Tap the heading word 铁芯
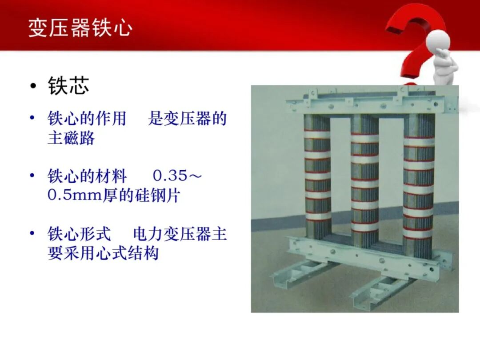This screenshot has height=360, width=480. [x=69, y=86]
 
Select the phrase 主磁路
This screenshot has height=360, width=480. [x=71, y=138]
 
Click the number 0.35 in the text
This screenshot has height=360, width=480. [x=170, y=176]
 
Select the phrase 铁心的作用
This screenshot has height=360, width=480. [x=87, y=119]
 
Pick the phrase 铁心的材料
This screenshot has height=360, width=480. [x=87, y=176]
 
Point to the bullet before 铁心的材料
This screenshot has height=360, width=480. [x=32, y=176]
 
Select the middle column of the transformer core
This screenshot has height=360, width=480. [x=365, y=178]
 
